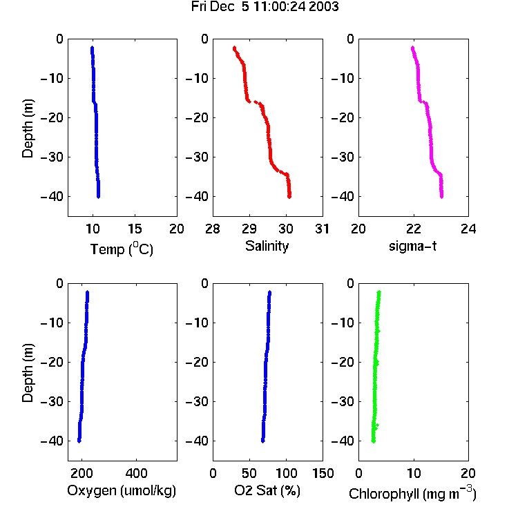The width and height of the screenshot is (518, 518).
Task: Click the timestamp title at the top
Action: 265,7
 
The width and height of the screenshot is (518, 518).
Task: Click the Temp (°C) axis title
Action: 122,249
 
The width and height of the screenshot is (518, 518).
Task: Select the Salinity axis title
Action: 267,246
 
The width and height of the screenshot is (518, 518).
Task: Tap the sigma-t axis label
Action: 412,246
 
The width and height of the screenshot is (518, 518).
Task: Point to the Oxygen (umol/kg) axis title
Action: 122,490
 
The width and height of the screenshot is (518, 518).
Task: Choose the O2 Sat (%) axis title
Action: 267,490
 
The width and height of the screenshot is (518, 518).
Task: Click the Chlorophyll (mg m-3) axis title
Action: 412,492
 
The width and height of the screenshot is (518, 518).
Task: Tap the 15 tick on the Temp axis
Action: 135,229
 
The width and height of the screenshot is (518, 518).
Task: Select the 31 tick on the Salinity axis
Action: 322,229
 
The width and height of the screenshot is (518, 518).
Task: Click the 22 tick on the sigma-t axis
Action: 414,229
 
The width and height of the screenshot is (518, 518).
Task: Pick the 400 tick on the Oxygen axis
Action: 137,473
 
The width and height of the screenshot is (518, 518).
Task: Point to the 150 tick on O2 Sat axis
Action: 323,473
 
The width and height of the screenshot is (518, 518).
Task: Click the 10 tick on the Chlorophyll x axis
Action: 414,473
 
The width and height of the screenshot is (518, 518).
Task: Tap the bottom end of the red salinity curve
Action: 289,197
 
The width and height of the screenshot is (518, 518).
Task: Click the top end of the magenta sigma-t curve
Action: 412,48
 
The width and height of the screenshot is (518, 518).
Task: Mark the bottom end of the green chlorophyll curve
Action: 373,441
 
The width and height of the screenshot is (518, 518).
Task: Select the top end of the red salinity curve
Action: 235,48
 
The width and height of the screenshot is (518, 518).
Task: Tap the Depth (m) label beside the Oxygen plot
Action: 28,373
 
